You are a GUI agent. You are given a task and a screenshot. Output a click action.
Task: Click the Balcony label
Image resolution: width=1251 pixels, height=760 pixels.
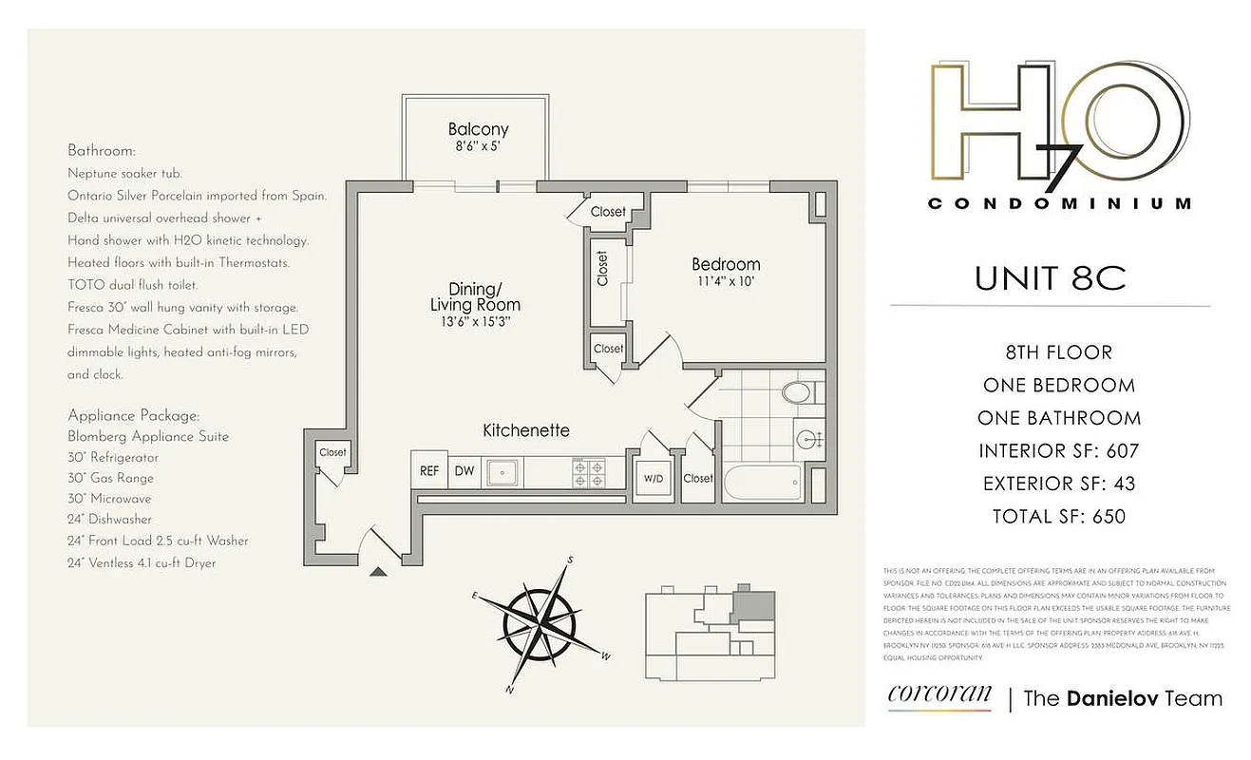click(478, 130)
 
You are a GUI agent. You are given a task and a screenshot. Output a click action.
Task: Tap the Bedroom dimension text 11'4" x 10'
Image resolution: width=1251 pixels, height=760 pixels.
click(726, 282)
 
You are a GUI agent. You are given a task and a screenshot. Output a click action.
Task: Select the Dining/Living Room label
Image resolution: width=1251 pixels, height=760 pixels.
click(475, 296)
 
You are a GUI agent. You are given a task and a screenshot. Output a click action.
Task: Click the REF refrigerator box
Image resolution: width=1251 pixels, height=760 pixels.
click(429, 470)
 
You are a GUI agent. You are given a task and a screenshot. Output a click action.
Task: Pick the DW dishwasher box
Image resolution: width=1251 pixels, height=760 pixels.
click(464, 470)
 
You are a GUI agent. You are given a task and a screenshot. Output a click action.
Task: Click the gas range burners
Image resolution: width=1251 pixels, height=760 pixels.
click(588, 471)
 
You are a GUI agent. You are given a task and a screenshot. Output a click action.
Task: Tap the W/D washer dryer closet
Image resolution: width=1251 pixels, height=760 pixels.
click(654, 478)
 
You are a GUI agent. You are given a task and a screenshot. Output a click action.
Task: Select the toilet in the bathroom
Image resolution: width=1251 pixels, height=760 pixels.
click(794, 391)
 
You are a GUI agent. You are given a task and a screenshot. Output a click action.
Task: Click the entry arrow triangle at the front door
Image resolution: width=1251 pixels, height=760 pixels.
click(378, 571)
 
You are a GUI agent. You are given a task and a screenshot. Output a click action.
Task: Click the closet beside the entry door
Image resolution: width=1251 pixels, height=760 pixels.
click(332, 453)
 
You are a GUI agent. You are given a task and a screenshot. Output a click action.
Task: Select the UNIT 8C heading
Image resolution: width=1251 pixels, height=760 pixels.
click(1050, 278)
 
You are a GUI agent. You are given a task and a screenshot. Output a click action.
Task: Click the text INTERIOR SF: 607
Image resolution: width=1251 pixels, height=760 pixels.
click(1058, 450)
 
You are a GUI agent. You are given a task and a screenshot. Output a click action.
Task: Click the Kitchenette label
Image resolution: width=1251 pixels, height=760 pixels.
click(526, 430)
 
